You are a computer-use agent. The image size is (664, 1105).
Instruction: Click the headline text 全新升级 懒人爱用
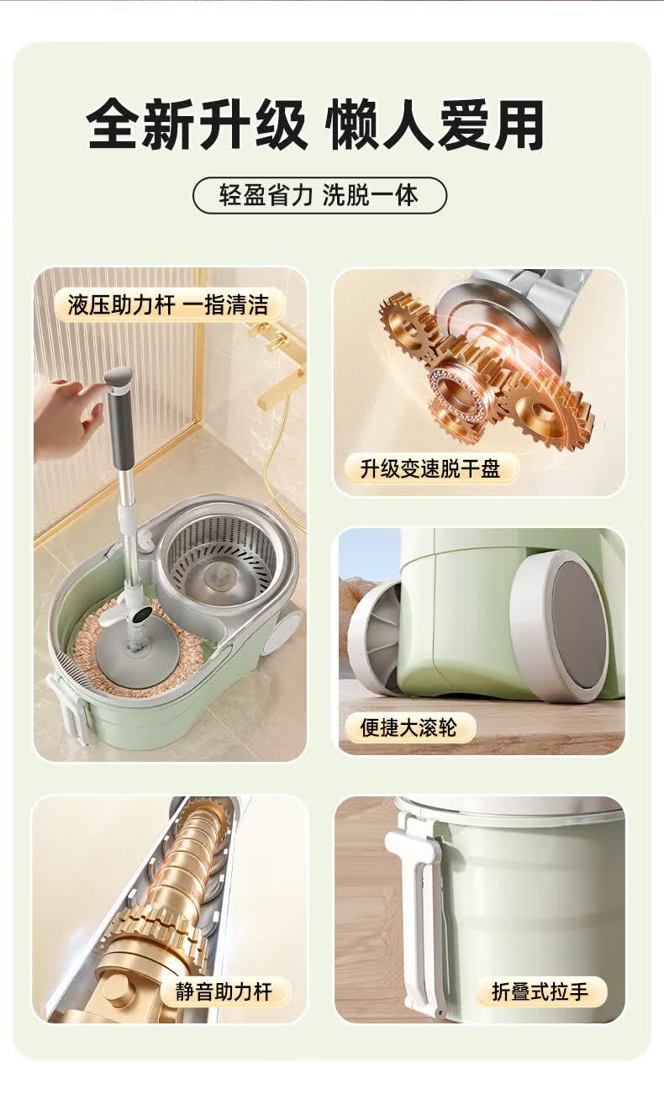point(315,124)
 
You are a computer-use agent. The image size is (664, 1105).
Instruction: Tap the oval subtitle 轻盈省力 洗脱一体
point(319,195)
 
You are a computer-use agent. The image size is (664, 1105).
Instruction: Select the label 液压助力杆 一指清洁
point(168,304)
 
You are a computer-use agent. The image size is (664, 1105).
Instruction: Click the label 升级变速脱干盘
point(429,468)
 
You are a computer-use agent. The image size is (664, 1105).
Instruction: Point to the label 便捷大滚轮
point(408,727)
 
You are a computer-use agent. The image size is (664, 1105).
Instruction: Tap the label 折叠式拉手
point(540,991)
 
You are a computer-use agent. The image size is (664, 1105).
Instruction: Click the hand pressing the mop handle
point(66,417)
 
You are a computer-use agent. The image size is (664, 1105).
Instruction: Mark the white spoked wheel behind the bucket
point(375,637)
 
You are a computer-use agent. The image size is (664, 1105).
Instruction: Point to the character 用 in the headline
point(518,124)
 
